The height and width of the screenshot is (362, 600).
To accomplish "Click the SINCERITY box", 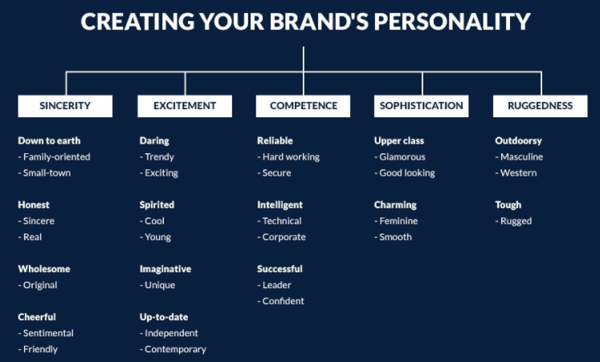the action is (65, 106).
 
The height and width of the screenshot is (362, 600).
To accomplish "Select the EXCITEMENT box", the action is (185, 106).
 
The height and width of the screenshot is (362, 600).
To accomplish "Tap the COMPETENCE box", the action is (303, 106).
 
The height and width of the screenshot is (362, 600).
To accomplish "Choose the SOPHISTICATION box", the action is (422, 106).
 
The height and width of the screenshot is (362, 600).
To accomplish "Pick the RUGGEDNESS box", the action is (541, 106).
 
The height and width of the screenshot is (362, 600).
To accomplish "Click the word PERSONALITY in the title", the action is (452, 22).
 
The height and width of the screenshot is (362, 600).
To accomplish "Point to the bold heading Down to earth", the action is (49, 140).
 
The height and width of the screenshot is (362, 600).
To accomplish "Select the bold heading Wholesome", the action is (44, 269).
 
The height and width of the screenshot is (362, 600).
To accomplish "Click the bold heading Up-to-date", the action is (164, 317).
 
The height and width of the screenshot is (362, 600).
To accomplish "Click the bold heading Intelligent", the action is (280, 205).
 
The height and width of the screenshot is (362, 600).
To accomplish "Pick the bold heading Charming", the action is (395, 205).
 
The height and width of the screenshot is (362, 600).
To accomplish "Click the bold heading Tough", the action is (508, 205).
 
